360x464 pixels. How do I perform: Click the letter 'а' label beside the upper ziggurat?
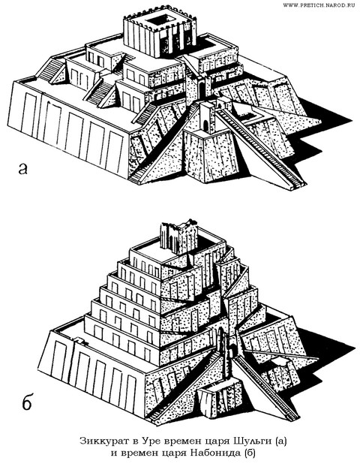pos(22,168)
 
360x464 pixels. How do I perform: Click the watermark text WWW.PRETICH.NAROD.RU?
pos(319,5)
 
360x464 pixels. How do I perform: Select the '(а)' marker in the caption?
pos(280,441)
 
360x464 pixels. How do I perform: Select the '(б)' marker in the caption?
pos(248,453)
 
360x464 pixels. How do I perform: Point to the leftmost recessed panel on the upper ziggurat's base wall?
pos(28,113)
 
